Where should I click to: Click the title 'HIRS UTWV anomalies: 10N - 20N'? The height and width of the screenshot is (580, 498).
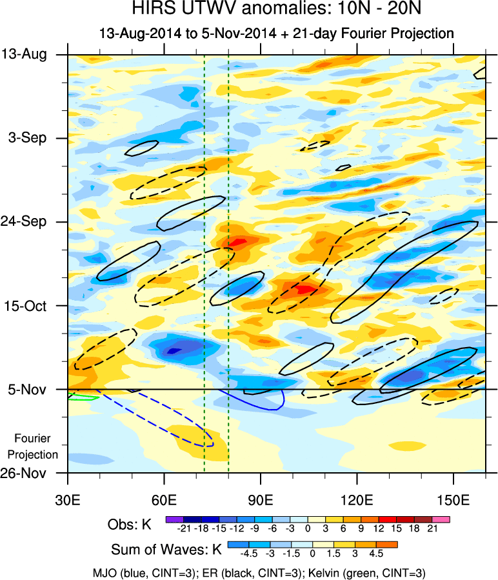tap(248, 10)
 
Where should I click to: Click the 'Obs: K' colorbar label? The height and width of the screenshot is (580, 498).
tap(130, 525)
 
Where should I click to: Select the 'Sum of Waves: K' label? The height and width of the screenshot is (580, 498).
tap(166, 550)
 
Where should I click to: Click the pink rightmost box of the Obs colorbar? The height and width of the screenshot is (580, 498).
tap(442, 519)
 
